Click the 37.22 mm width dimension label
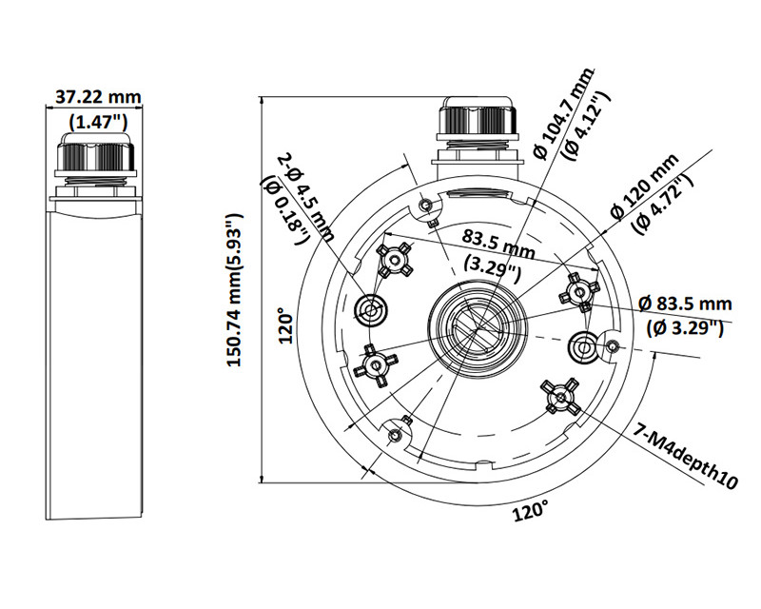98,97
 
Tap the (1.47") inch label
98,121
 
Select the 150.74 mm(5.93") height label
235,290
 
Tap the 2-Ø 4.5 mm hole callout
306,197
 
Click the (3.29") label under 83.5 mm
492,269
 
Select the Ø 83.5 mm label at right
685,304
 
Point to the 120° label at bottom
531,511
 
